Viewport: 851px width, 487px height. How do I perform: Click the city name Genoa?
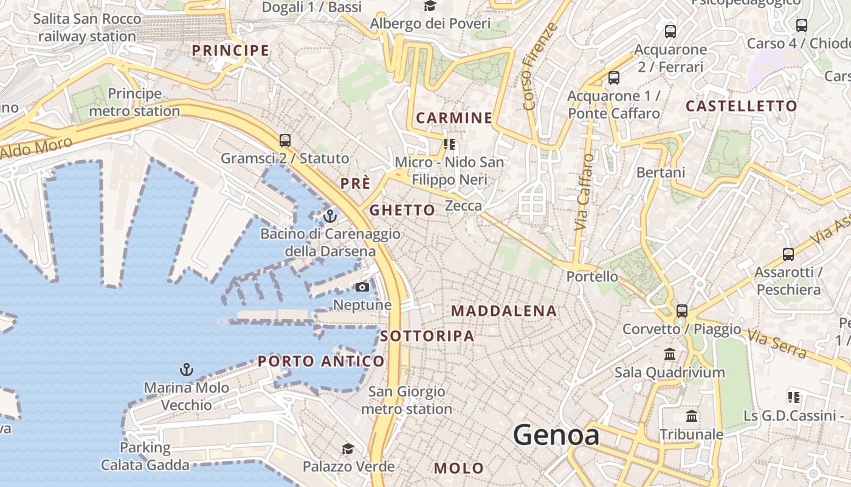556,435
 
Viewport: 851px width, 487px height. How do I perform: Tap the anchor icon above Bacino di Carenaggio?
330,216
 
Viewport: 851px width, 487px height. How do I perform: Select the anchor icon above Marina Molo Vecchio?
187,370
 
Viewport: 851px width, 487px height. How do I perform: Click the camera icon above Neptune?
362,287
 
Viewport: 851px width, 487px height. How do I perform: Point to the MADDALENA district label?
504,311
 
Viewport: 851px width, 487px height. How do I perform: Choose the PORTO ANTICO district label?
321,361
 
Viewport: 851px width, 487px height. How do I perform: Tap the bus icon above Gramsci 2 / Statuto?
285,141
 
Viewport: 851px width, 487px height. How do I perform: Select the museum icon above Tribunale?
692,417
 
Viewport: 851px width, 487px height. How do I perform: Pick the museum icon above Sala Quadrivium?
670,354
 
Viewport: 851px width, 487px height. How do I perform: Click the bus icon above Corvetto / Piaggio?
682,311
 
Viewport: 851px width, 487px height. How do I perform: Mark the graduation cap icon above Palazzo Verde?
348,449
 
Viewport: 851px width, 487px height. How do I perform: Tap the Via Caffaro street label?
584,192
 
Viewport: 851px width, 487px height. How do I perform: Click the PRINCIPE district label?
230,51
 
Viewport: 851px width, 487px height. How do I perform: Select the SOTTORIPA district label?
427,335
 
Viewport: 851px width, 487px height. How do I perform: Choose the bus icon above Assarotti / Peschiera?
788,254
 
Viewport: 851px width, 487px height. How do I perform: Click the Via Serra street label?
777,344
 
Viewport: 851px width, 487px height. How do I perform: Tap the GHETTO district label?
402,210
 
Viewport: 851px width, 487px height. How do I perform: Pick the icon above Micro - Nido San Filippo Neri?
450,144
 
